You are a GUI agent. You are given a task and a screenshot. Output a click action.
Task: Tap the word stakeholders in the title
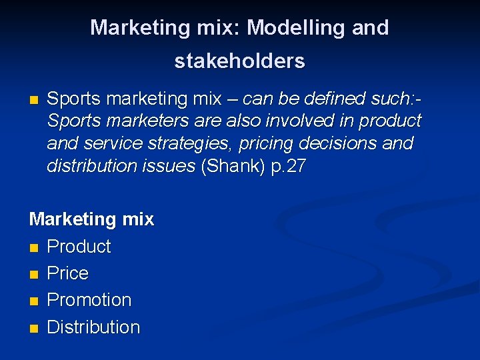[x=239, y=61]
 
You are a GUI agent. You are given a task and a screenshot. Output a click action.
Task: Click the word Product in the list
[x=79, y=247]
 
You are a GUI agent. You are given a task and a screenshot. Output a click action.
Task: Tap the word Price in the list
[x=68, y=273]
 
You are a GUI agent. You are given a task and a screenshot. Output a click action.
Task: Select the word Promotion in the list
[x=89, y=300]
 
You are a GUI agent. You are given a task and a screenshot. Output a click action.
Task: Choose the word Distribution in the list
[x=93, y=327]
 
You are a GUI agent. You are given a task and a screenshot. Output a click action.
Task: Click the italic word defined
[x=337, y=99]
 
